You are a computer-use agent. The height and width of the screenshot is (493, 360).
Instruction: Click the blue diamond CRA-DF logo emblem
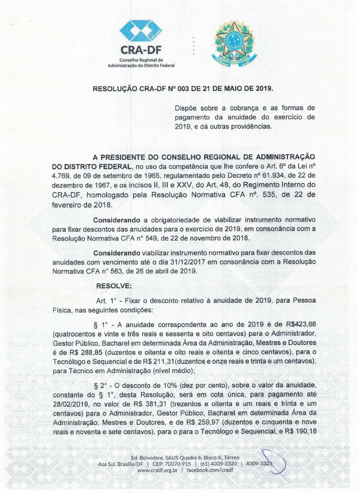pyautogui.click(x=141, y=31)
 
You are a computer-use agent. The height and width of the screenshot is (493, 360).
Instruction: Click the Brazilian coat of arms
pyautogui.click(x=234, y=44)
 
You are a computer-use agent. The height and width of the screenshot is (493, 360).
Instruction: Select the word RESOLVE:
pyautogui.click(x=114, y=286)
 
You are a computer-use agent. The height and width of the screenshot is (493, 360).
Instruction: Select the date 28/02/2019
pyautogui.click(x=71, y=404)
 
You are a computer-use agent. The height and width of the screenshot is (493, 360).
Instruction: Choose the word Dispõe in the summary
pyautogui.click(x=186, y=108)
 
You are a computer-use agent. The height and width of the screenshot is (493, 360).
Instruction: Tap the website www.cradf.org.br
pyautogui.click(x=157, y=470)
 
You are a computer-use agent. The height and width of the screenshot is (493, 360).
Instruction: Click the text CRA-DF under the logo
pyautogui.click(x=141, y=50)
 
